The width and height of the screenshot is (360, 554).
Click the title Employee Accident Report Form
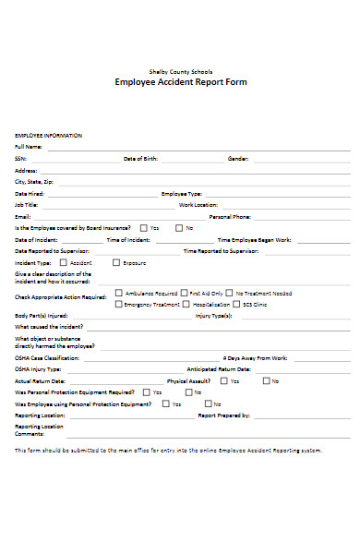[x=180, y=82]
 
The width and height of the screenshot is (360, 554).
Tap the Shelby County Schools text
[x=180, y=71]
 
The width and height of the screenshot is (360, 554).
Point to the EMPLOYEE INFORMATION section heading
[x=48, y=136]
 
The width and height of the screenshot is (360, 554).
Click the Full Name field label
[x=29, y=147]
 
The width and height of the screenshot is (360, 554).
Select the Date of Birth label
[x=141, y=159]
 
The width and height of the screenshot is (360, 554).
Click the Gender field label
[x=238, y=159]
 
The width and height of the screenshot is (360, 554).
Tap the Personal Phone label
[x=230, y=216]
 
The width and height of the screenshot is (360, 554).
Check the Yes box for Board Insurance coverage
[x=143, y=227]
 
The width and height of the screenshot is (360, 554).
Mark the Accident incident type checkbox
[x=65, y=262]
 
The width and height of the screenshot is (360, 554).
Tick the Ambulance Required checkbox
[x=118, y=293]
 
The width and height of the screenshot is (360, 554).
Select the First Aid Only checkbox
[x=185, y=293]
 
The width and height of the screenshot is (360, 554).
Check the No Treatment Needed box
[x=228, y=293]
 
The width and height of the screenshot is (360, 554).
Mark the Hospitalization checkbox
[x=187, y=304]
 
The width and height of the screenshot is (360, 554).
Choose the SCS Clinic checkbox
[x=236, y=304]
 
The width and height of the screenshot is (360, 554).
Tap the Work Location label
[x=198, y=205]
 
